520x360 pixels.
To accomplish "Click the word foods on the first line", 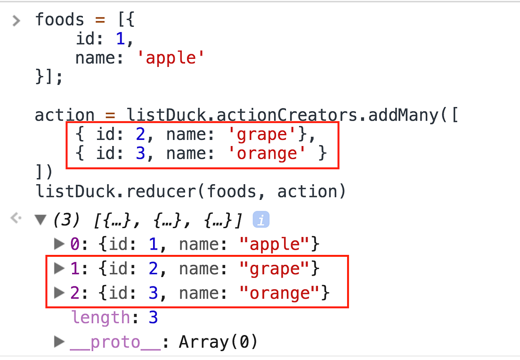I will [x=59, y=20].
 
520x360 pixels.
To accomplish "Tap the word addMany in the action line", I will [x=409, y=115].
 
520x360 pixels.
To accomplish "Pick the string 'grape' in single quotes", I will [x=263, y=135].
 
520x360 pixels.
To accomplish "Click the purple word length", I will [x=100, y=318].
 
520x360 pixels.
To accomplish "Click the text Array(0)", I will [x=218, y=342].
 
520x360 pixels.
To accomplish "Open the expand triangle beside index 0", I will [x=59, y=244].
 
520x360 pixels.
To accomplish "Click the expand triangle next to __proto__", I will [x=59, y=342].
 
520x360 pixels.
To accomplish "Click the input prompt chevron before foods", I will [x=16, y=20].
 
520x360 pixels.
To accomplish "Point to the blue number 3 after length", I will [x=153, y=318].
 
